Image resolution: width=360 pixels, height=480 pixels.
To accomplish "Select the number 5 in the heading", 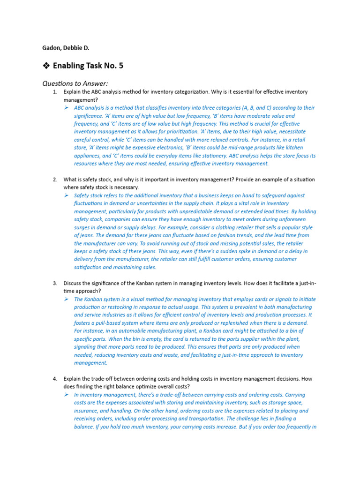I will pyautogui.click(x=120, y=66).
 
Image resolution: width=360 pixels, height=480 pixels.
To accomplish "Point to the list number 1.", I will pyautogui.click(x=55, y=92).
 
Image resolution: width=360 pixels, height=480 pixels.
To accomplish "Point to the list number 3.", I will pyautogui.click(x=55, y=283).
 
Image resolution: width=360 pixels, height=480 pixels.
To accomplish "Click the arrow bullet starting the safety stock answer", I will pyautogui.click(x=67, y=195).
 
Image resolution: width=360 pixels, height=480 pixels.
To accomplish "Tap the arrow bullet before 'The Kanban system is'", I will pyautogui.click(x=67, y=299).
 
